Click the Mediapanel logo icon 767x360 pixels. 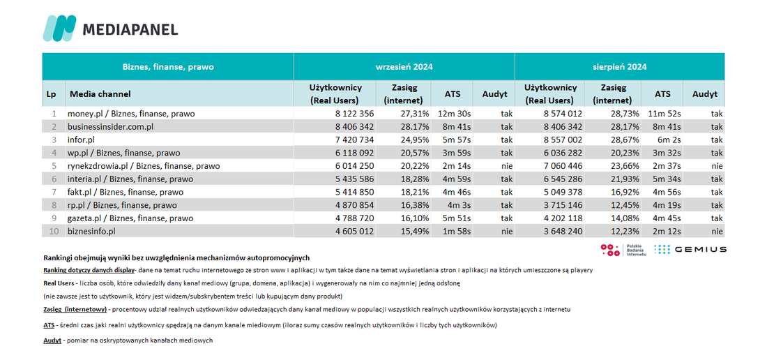(60, 28)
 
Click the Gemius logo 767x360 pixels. (690, 250)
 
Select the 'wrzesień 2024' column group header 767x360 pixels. (404, 67)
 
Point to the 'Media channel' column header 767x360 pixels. (100, 93)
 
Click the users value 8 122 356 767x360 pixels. (351, 114)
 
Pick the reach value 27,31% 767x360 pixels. (413, 114)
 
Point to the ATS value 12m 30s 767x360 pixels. (454, 114)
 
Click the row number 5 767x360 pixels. (54, 166)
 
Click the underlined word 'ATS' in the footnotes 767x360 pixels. (49, 325)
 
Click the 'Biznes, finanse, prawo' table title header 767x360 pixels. (168, 67)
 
